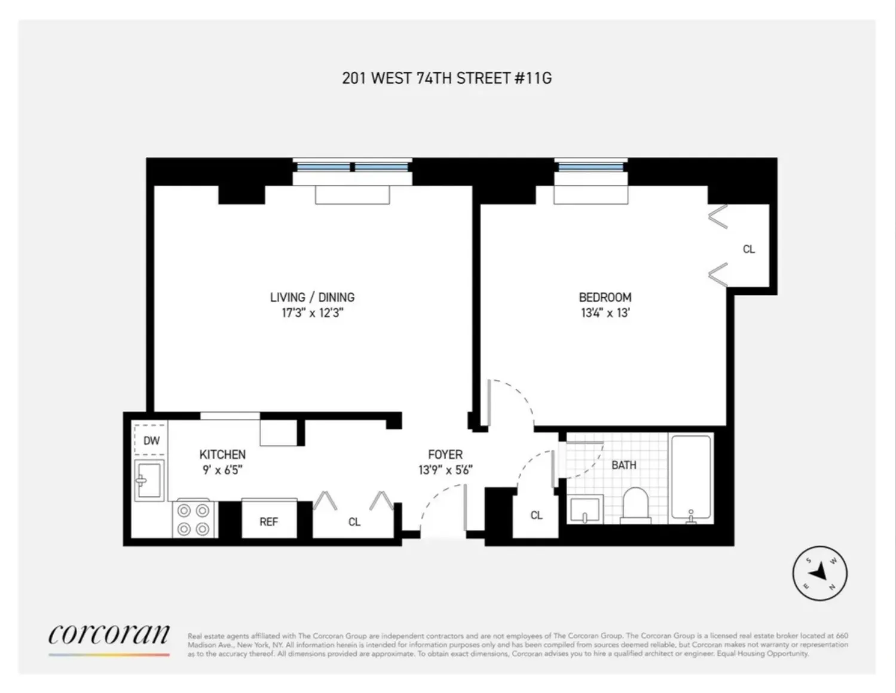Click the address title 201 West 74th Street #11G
pos(447,78)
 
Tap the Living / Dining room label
pos(312,297)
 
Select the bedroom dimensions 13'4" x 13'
pos(605,313)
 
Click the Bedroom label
pos(605,297)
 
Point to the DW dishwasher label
pos(151,441)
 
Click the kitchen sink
pos(149,480)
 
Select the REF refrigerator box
pos(269,521)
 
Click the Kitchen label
pos(222,454)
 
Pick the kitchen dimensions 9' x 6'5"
pos(222,470)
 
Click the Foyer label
pos(445,454)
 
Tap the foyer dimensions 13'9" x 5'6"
pos(445,470)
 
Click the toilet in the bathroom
pos(635,506)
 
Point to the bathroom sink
pos(584,509)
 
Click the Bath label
pos(623,465)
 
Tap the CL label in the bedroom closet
pos(748,249)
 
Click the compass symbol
pos(819,573)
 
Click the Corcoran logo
pos(109,635)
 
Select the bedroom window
pos(591,166)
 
